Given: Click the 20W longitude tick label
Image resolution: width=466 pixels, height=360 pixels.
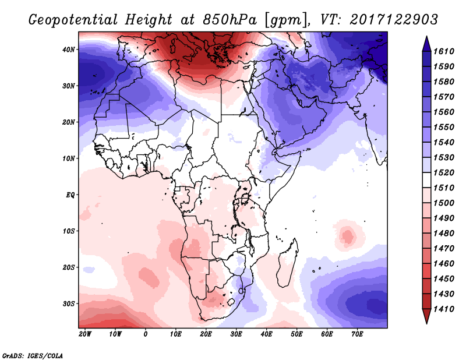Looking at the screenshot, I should (84, 334).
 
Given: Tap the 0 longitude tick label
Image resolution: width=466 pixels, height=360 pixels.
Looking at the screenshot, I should (146, 334).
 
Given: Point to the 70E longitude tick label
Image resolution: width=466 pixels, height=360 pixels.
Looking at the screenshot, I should (358, 334).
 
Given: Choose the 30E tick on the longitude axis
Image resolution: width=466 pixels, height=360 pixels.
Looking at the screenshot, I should (236, 334).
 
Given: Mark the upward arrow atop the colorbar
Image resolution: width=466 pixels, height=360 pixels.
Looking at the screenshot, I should (426, 41).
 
